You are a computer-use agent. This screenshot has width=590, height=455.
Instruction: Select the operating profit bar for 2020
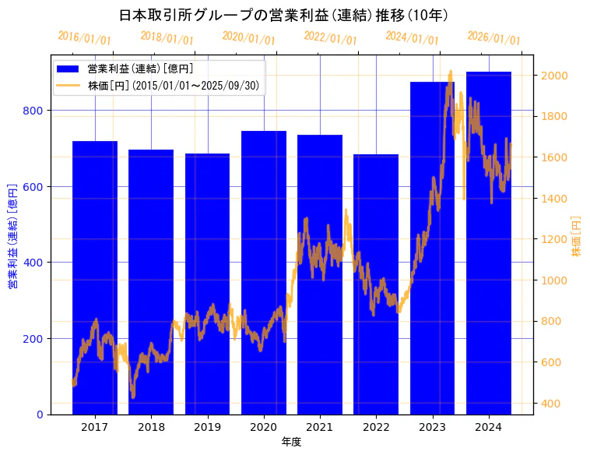tap(264, 273)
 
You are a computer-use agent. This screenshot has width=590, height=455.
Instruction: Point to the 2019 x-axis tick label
tap(207, 427)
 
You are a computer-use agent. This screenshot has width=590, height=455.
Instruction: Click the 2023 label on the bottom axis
tap(432, 427)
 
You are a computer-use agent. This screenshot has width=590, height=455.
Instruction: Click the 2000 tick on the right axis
tap(555, 76)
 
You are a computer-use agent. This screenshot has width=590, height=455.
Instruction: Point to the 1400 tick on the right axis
tap(555, 199)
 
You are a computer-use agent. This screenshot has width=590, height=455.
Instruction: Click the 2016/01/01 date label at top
tap(84, 37)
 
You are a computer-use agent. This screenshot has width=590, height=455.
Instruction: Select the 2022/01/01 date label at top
tap(330, 38)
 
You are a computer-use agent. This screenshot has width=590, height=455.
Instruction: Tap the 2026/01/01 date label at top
tap(493, 38)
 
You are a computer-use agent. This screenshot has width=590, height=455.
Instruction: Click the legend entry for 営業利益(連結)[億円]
tap(140, 69)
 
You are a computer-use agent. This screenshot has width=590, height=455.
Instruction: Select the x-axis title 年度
tap(291, 442)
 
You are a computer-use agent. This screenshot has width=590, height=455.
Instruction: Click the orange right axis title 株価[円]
tap(577, 237)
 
